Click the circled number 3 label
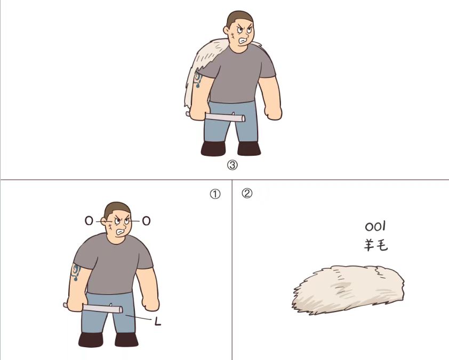pyautogui.click(x=232, y=165)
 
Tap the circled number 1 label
pyautogui.click(x=215, y=195)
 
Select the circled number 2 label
pyautogui.click(x=247, y=193)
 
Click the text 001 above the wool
pyautogui.click(x=375, y=227)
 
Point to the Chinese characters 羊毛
pyautogui.click(x=376, y=245)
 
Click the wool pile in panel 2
pyautogui.click(x=348, y=289)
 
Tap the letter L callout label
pyautogui.click(x=157, y=322)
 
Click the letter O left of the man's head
pyautogui.click(x=89, y=221)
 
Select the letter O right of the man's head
pyautogui.click(x=146, y=221)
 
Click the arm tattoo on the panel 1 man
pyautogui.click(x=76, y=272)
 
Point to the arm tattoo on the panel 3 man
pyautogui.click(x=198, y=79)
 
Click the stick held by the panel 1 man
pyautogui.click(x=93, y=308)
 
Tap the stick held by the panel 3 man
pyautogui.click(x=215, y=116)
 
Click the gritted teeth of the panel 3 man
pyautogui.click(x=243, y=41)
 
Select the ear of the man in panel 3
pyautogui.click(x=227, y=30)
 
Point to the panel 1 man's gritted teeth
pyautogui.click(x=121, y=231)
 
